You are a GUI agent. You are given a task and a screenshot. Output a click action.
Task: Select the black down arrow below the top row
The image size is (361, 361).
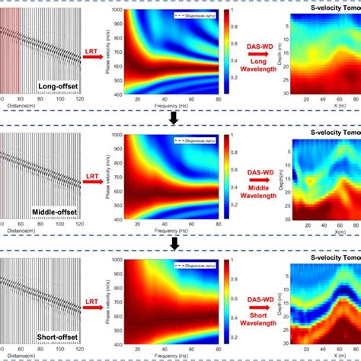tap(174, 118)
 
